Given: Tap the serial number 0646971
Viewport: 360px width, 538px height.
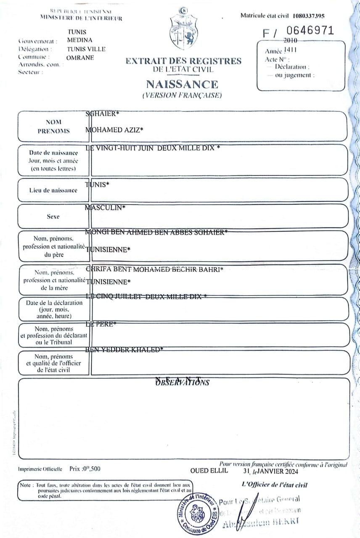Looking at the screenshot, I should (x=310, y=31).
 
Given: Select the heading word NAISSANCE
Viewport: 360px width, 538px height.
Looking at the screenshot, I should (x=182, y=84).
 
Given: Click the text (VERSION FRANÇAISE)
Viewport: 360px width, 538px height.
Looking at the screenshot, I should (x=182, y=95).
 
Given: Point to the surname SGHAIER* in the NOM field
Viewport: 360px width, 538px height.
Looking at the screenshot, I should (x=103, y=113).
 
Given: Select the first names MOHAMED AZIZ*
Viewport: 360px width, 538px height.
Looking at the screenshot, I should (x=114, y=130).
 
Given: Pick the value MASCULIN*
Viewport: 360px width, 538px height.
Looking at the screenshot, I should (x=105, y=208).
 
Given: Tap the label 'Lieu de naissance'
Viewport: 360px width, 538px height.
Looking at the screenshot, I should (x=53, y=190).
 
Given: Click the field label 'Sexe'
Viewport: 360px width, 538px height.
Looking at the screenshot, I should (x=53, y=217).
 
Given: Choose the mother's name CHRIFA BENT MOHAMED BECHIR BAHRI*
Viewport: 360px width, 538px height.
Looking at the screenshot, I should (x=154, y=269).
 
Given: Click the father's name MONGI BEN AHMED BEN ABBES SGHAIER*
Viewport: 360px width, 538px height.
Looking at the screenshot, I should (x=156, y=232).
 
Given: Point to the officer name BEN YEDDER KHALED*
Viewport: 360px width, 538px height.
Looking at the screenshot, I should (x=124, y=350).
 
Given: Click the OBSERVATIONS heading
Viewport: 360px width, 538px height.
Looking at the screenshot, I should (x=182, y=382).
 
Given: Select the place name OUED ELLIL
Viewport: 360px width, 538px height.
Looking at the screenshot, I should (x=209, y=471).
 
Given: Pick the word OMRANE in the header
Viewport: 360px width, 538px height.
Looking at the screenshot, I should (x=80, y=58).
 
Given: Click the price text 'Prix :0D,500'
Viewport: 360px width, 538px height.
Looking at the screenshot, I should (x=85, y=469).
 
